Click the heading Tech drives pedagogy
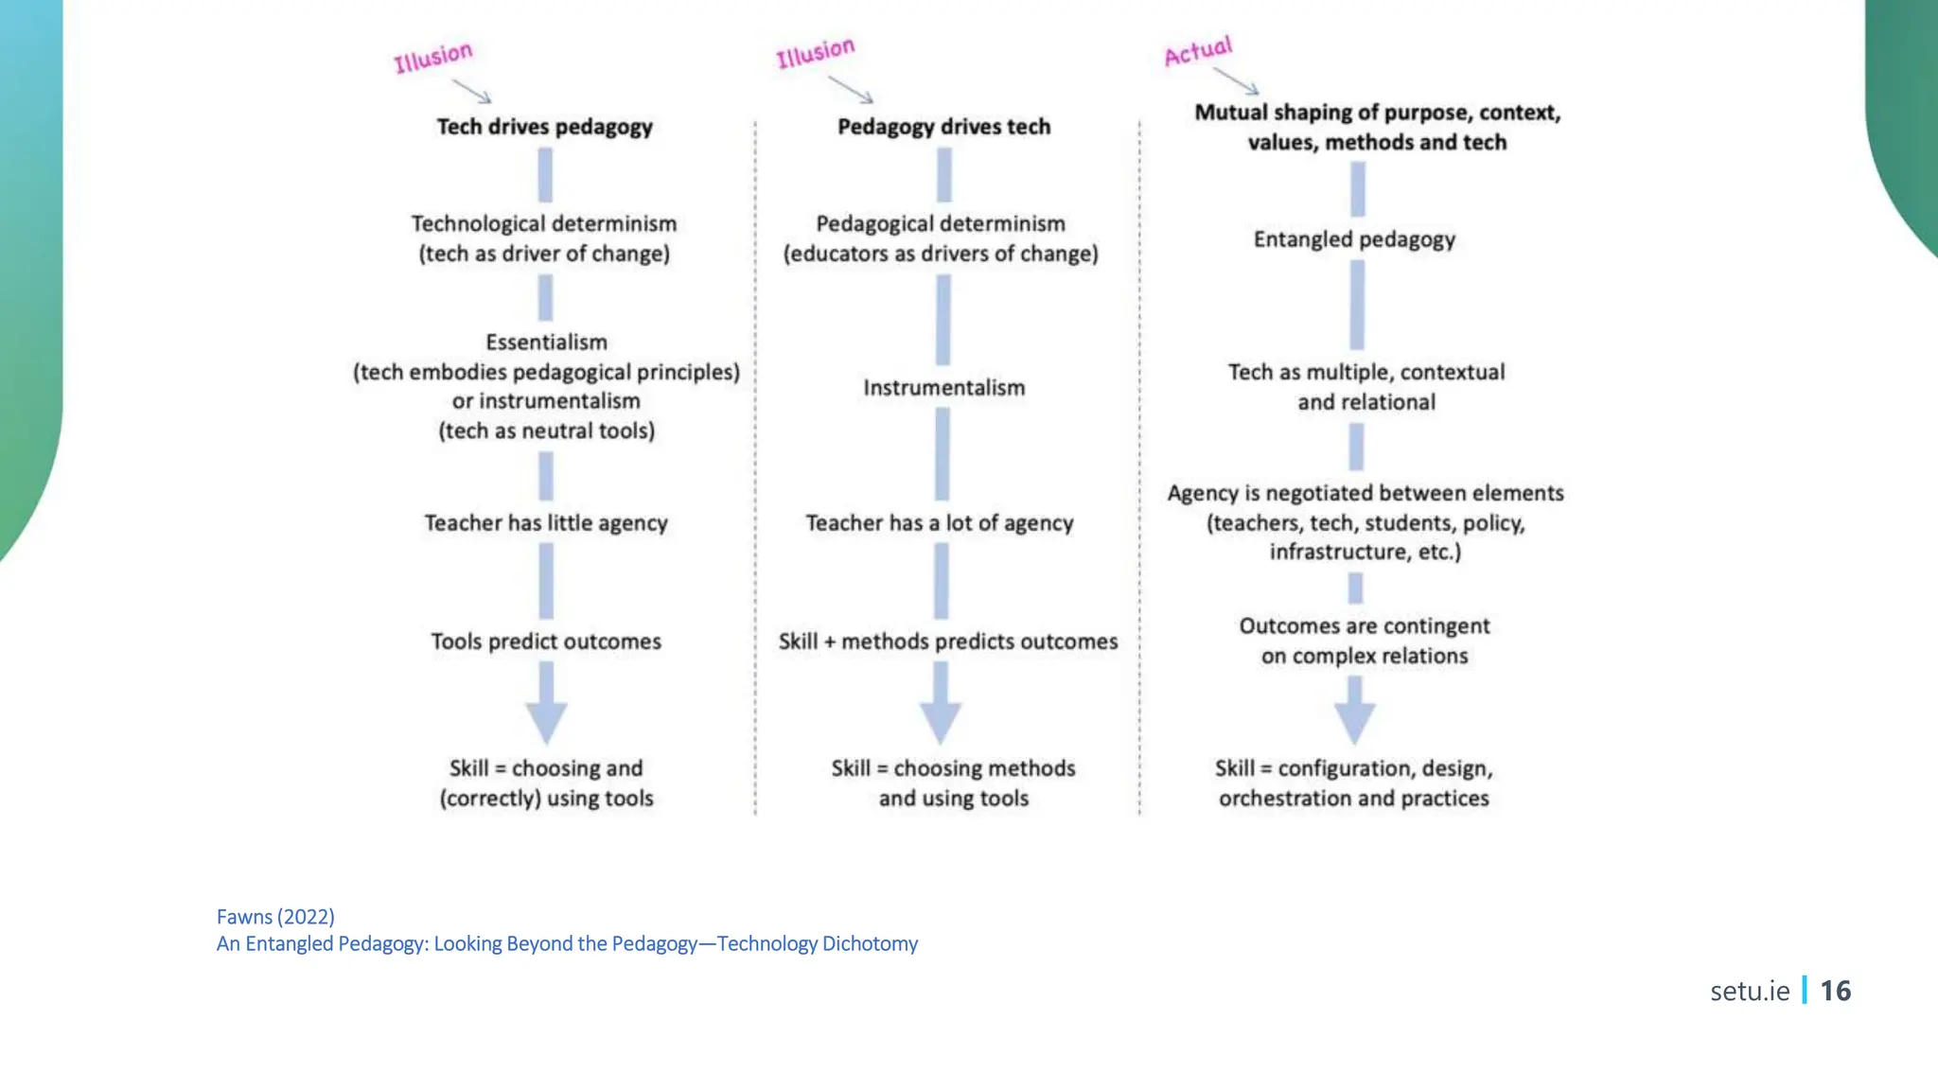(x=544, y=127)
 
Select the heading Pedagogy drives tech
(x=943, y=127)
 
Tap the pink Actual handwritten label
(x=1198, y=51)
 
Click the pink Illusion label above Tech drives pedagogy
(x=433, y=57)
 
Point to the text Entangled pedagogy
(x=1354, y=239)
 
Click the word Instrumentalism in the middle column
(x=943, y=388)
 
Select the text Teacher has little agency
(x=546, y=523)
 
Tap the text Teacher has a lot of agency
(x=940, y=523)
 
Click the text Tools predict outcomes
(x=546, y=642)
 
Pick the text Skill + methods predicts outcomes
(x=948, y=642)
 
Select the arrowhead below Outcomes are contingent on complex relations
(x=1354, y=724)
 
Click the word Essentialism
(x=546, y=343)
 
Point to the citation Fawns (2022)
(x=275, y=917)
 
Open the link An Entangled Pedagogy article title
(x=567, y=944)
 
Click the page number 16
(x=1835, y=991)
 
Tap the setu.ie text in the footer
(x=1750, y=991)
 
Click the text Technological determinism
(x=544, y=224)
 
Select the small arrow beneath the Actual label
(x=1237, y=80)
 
